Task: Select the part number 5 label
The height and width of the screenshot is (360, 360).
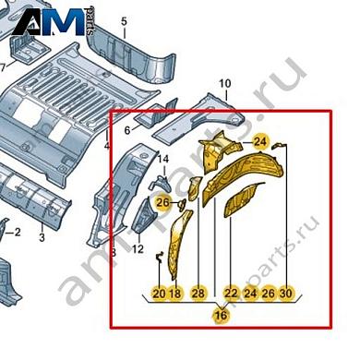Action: click(124, 19)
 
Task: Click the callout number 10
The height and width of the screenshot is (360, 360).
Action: click(223, 85)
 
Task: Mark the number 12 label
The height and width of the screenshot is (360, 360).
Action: click(138, 248)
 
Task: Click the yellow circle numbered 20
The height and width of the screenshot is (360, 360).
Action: click(159, 293)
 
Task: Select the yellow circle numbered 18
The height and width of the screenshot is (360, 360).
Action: click(175, 293)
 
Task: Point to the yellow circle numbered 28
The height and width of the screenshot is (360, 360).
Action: click(198, 293)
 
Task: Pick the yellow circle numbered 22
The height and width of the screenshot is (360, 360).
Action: click(231, 293)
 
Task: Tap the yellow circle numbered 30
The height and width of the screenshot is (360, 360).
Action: click(286, 293)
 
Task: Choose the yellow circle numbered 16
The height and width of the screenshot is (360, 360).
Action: click(220, 316)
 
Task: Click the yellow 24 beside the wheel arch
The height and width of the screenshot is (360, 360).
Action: click(261, 141)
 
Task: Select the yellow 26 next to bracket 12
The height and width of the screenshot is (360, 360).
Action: click(162, 203)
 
